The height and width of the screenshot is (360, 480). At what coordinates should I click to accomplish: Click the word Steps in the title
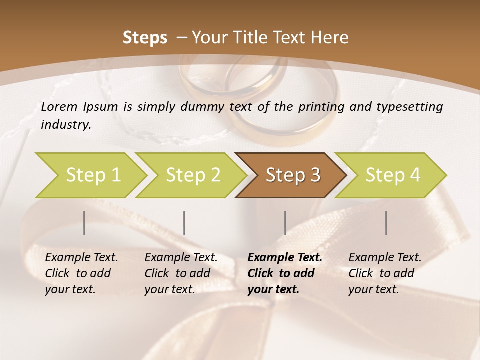click(x=145, y=38)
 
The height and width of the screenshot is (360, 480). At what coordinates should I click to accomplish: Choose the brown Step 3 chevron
click(x=293, y=175)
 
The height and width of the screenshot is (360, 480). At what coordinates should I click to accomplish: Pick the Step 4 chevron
click(x=393, y=175)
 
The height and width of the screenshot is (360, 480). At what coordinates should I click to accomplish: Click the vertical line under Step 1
click(x=84, y=223)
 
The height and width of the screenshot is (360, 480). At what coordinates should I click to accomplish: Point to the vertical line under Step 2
click(x=184, y=223)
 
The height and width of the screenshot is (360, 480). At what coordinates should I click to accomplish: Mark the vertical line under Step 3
click(x=285, y=223)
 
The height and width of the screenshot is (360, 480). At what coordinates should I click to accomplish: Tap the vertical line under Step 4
click(x=386, y=223)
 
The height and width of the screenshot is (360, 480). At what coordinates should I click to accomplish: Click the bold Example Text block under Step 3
click(x=284, y=273)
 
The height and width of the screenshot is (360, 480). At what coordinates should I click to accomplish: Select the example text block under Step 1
click(x=81, y=273)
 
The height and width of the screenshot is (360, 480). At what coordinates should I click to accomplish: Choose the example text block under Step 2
click(x=181, y=273)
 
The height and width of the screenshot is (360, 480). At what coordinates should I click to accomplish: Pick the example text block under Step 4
click(x=385, y=273)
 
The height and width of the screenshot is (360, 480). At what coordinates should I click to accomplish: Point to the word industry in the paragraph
click(x=65, y=125)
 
